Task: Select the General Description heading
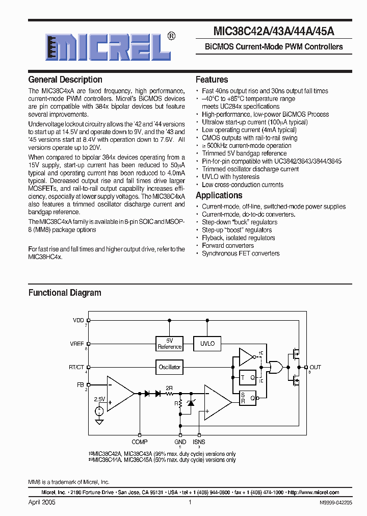[x=65, y=80]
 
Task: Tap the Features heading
[x=212, y=80]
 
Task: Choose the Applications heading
[x=219, y=195]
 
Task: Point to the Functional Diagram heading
[x=65, y=293]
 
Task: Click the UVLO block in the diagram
[x=207, y=344]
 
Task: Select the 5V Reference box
[x=170, y=344]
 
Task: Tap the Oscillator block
[x=170, y=367]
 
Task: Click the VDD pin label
[x=78, y=320]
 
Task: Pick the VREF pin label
[x=77, y=344]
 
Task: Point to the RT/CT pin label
[x=76, y=367]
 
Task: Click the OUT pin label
[x=316, y=367]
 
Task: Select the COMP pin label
[x=139, y=442]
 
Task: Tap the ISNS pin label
[x=199, y=442]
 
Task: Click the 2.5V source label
[x=99, y=399]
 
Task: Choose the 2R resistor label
[x=169, y=388]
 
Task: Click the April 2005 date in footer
[x=42, y=502]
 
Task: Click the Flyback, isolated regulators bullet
[x=238, y=238]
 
